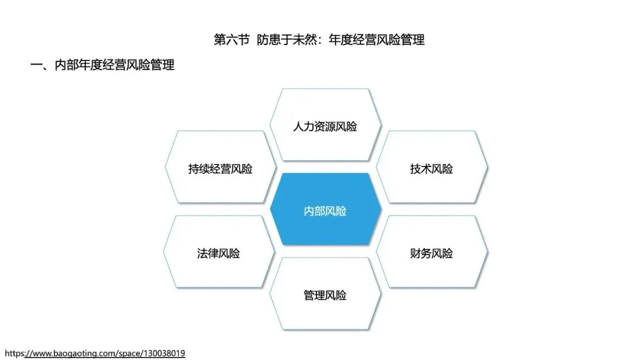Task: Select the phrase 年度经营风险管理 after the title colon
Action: tap(379, 40)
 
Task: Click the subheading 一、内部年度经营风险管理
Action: tap(102, 65)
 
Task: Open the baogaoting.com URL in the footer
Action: tap(95, 353)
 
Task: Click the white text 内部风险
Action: tap(325, 211)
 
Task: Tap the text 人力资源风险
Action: tap(325, 126)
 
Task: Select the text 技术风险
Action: tap(431, 169)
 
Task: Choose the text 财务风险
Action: tap(431, 253)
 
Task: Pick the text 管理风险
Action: tap(325, 295)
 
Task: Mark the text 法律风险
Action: tap(218, 253)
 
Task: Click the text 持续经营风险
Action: tap(220, 169)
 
